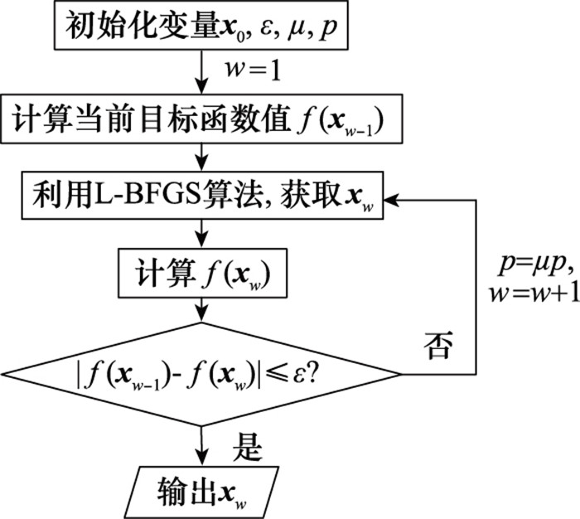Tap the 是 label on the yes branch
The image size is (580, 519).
(249, 449)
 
